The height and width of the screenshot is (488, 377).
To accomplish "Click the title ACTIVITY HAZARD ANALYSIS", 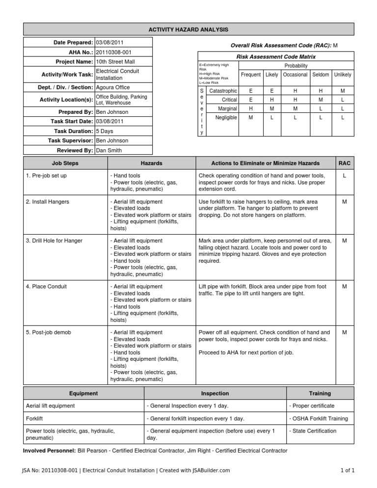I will pos(188,30).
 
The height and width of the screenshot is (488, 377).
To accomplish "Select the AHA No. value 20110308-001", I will pos(113,52).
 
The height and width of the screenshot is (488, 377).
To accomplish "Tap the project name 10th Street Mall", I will pos(115,62).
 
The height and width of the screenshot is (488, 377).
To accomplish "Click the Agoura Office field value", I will pos(113,87).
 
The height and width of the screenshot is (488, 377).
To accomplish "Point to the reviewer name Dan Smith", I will pos(108,150).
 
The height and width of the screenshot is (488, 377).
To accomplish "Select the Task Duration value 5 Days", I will pos(105,131).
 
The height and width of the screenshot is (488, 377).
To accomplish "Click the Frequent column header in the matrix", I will pos(250,75).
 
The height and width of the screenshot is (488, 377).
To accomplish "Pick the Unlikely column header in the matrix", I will pos(342,75).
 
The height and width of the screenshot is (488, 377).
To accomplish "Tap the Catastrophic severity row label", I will pos(223,91).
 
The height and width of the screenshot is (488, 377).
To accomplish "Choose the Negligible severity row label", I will pos(226,117).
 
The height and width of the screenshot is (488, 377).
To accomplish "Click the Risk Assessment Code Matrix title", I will pos(276,57).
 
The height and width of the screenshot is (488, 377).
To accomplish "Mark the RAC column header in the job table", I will pos(345,163).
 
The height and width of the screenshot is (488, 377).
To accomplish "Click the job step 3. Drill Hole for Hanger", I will pos(54,241).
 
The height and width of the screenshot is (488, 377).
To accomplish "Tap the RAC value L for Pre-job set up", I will pos(345,176).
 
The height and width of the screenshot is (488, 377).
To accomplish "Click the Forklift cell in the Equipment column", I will pos(35,418).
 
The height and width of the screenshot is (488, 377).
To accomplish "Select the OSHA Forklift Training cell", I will pos(320,418).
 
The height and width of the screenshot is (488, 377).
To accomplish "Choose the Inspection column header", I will pos(215,393).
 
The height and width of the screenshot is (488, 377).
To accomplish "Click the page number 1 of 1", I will pos(347,470).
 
